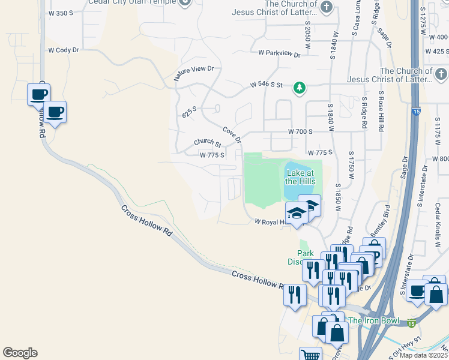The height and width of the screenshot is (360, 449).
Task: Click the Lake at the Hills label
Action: pos(300,176)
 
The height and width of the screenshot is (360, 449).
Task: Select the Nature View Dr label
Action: pos(194,73)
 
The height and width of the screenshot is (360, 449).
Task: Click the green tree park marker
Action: pos(299,89)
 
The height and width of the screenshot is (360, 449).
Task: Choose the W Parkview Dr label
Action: pos(279,53)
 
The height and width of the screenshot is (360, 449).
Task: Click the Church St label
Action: pos(208,143)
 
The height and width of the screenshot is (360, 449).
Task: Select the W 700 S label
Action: pos(301,131)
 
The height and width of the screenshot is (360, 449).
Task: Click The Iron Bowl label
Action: pos(373,320)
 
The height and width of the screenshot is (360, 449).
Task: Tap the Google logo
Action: pos(20,353)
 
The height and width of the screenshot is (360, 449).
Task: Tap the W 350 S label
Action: pos(61,13)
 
